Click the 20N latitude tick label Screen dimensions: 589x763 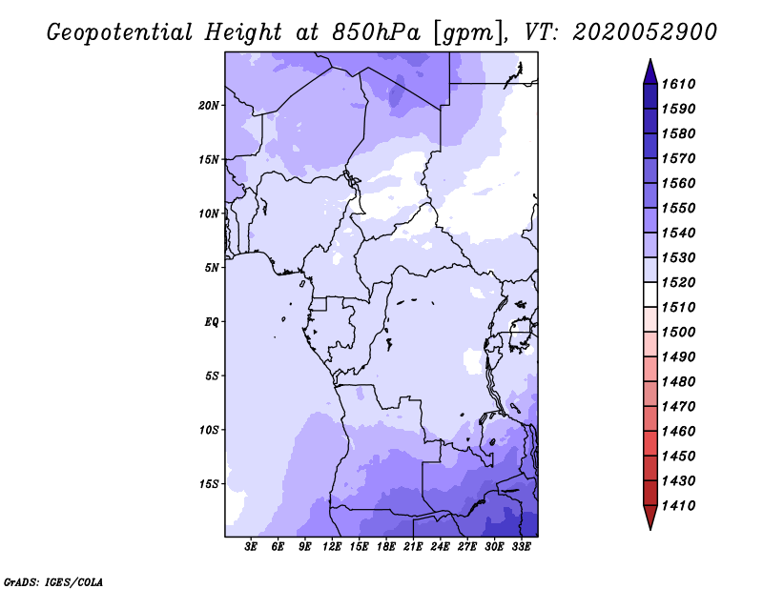209,105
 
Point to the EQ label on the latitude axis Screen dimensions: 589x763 212,321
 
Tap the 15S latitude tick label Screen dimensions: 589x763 209,484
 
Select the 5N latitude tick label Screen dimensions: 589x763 212,268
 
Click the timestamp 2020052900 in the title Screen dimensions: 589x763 645,31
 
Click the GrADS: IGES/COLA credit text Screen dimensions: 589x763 53,580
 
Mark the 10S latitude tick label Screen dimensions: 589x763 209,430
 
